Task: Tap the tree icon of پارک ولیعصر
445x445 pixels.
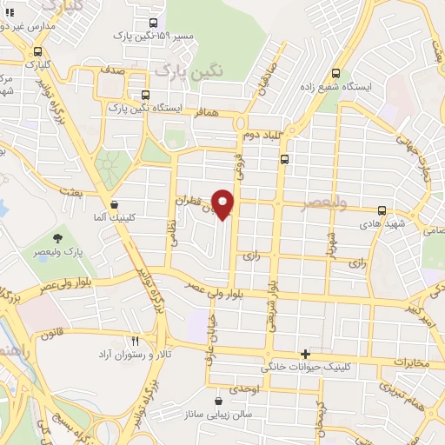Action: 58,237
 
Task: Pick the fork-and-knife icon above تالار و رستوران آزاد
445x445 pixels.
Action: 134,341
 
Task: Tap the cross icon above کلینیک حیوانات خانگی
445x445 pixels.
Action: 304,354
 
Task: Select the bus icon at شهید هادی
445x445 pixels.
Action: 382,209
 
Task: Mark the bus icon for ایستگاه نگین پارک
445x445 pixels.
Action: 144,95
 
